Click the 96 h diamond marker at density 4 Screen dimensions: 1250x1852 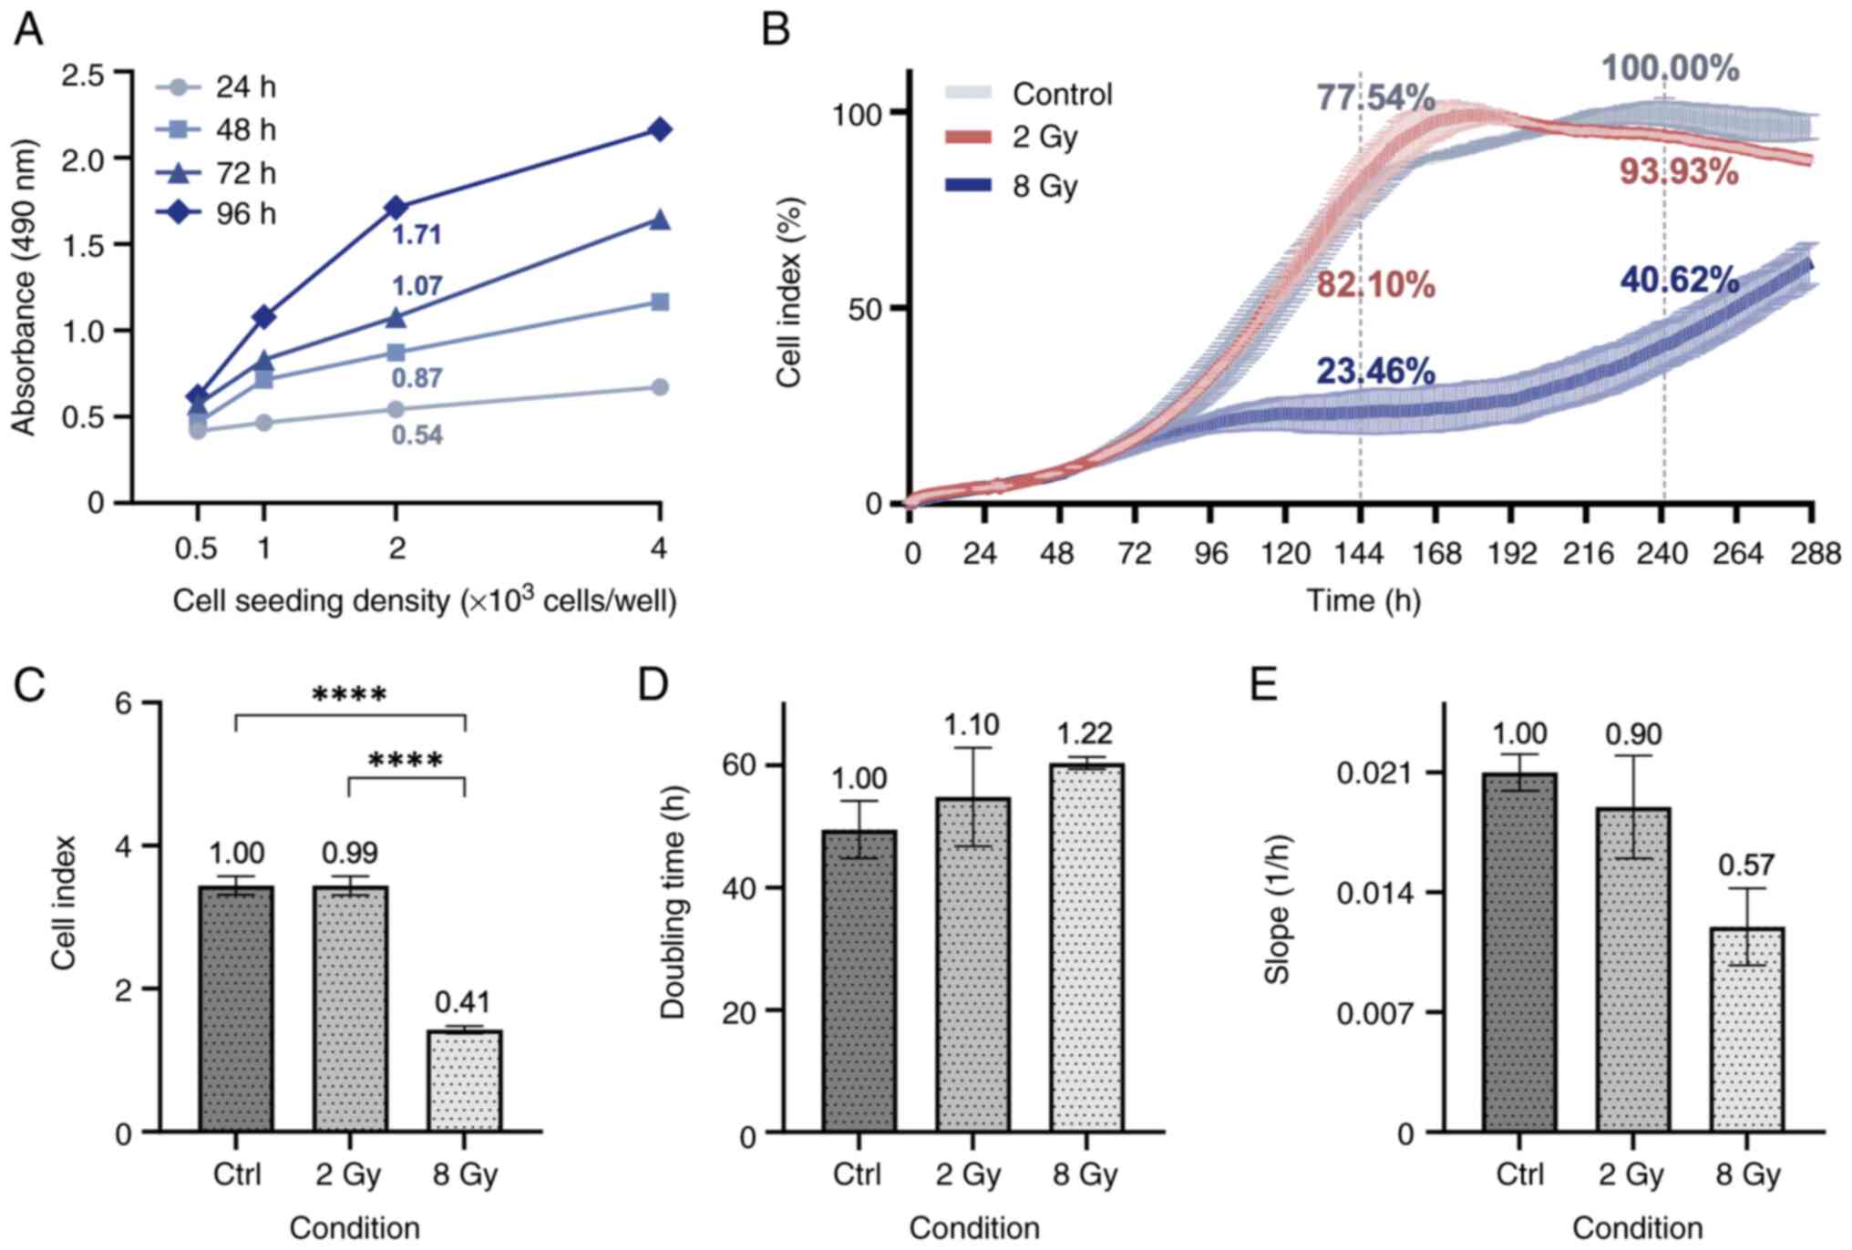pos(659,129)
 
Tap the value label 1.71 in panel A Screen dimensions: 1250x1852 pos(417,235)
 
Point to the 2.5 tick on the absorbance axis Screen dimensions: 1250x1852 pos(82,74)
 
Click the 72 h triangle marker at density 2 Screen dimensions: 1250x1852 pos(396,317)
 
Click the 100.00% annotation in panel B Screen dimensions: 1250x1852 pos(1670,69)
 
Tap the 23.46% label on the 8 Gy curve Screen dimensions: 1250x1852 pos(1374,372)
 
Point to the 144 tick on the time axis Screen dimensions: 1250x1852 pos(1360,553)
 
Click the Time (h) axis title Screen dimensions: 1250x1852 pos(1363,600)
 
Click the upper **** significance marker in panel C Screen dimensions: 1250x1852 pos(350,696)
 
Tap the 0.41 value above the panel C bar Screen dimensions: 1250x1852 pos(462,1002)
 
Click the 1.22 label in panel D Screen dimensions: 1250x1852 pos(1085,733)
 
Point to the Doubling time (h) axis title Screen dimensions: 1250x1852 pos(673,902)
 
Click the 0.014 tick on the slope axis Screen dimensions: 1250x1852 pos(1376,893)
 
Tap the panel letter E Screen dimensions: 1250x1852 pos(1262,683)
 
